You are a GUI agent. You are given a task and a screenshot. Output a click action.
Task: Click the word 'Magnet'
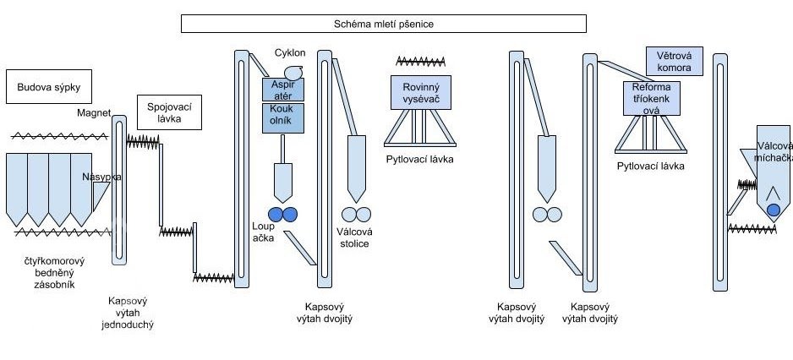94,112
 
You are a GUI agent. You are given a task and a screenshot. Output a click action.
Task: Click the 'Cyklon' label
290,53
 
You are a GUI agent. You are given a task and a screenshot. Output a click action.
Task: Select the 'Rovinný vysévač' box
421,92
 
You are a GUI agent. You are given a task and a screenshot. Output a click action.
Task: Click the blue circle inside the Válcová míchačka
773,210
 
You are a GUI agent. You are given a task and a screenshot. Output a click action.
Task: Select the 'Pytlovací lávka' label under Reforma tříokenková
650,166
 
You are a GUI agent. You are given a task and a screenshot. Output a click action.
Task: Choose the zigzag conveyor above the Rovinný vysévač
421,61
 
